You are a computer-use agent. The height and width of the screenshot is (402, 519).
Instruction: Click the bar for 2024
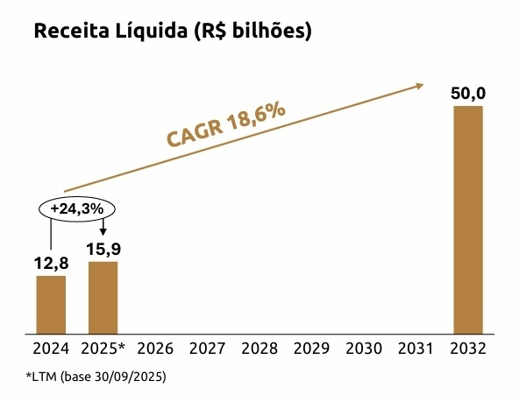click(51, 304)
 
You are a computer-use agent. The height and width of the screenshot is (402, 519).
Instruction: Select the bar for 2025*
click(103, 298)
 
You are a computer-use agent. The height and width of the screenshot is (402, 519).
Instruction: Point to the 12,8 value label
click(51, 263)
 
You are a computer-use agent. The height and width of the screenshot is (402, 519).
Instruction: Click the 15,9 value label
click(103, 249)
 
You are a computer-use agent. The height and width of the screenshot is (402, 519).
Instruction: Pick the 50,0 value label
click(468, 94)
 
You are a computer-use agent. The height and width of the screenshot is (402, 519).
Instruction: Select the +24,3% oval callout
click(76, 209)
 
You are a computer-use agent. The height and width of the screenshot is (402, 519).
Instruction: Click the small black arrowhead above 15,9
click(103, 230)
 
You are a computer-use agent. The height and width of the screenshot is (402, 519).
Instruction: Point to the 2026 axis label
click(155, 349)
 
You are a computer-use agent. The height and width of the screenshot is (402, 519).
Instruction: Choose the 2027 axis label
click(207, 349)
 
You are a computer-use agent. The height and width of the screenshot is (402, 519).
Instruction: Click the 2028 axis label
click(259, 349)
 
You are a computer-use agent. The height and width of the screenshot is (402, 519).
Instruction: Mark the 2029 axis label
click(311, 349)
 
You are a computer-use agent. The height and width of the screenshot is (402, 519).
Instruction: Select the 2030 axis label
click(364, 349)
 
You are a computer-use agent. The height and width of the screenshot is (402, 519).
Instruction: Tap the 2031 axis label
click(416, 349)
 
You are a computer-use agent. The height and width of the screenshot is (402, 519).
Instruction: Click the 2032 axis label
click(468, 349)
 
